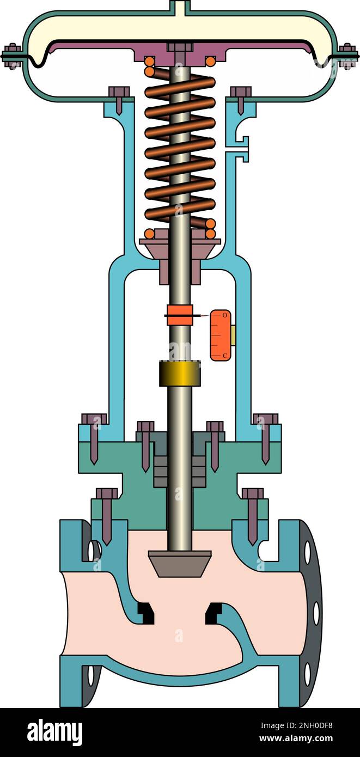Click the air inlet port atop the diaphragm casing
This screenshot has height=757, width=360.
(x=180, y=7)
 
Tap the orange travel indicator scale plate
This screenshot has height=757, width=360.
(x=221, y=335)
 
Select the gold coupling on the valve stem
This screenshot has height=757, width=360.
(x=180, y=373)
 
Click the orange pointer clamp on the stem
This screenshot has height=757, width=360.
(x=180, y=315)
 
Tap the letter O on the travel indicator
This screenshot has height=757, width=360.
(x=225, y=315)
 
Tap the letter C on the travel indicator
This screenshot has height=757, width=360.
(x=225, y=355)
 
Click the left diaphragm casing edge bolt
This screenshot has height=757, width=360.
(x=11, y=56)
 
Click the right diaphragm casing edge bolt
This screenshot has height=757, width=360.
(x=347, y=56)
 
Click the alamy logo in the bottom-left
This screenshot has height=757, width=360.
(x=54, y=732)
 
